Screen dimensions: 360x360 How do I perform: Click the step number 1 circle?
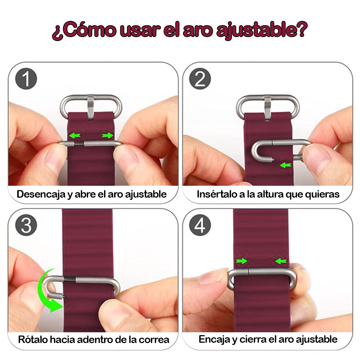(x=26, y=80)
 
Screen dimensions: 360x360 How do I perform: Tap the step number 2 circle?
(x=200, y=80)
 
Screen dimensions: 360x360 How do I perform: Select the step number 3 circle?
(x=26, y=226)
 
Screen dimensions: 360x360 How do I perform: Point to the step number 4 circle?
(x=200, y=226)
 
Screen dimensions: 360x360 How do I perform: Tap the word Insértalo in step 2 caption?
(x=215, y=194)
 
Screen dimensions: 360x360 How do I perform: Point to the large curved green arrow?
(x=49, y=292)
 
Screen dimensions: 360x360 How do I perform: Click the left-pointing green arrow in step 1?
(x=74, y=136)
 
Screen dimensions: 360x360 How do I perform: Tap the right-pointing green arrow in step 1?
(x=107, y=135)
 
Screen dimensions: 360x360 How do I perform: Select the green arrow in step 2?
(x=285, y=165)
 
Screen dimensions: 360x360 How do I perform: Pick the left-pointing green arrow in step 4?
(x=281, y=261)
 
